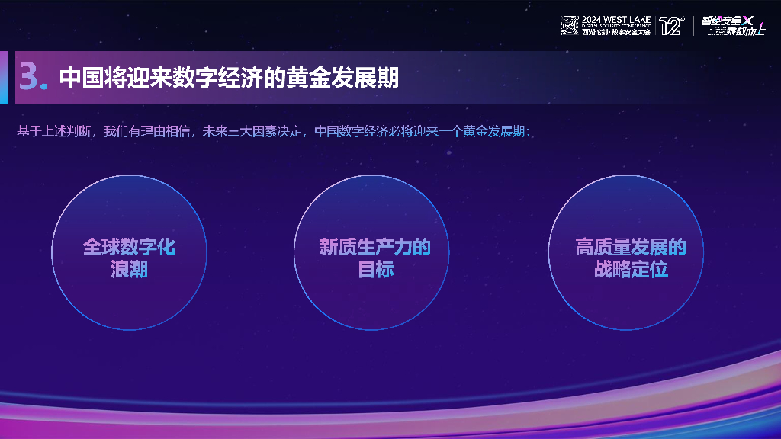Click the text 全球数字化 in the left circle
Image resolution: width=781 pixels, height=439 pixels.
pos(129,247)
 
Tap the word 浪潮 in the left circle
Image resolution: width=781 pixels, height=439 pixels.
pos(129,269)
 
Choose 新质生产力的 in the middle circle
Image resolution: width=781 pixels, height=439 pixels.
pos(374,247)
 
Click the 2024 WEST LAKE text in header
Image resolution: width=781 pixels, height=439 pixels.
pos(615,18)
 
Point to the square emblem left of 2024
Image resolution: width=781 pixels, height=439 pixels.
pos(570,26)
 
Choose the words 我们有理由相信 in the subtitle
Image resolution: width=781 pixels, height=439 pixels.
pos(146,131)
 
